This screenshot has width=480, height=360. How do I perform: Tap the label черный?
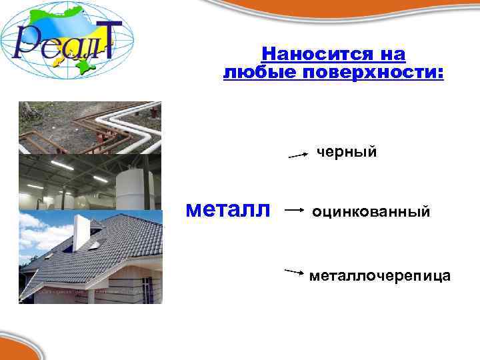tap(347, 153)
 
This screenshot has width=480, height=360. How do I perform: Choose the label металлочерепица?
tap(379, 275)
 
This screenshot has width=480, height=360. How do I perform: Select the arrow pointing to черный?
tap(297, 155)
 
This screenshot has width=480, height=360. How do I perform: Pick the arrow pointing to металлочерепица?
tap(295, 271)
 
